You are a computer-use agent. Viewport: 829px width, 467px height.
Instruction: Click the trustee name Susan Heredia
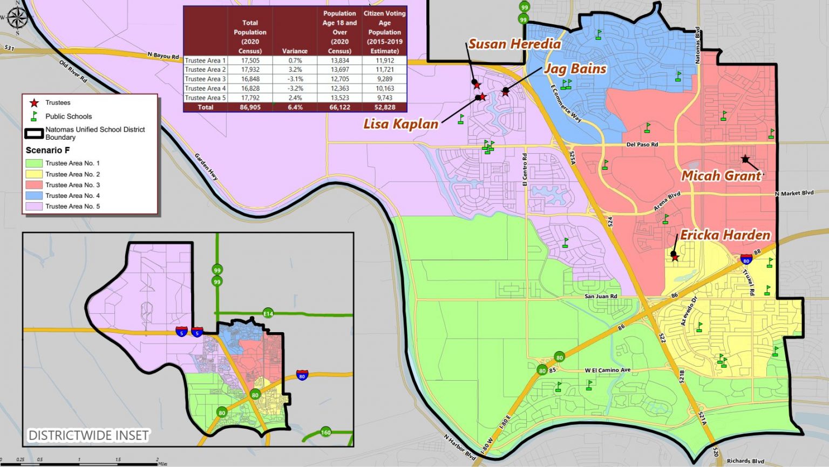[x=514, y=44]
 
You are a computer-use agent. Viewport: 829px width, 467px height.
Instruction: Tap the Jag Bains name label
[x=575, y=68]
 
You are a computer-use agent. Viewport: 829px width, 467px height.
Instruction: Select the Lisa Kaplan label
[x=400, y=123]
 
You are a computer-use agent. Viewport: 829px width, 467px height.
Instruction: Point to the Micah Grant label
[x=721, y=175]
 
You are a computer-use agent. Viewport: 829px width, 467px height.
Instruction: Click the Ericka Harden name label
[x=725, y=235]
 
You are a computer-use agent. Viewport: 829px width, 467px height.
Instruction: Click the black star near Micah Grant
[x=745, y=159]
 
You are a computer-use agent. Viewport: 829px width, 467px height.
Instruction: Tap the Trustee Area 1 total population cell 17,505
[x=250, y=60]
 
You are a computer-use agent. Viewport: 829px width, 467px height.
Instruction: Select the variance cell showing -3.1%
[x=295, y=79]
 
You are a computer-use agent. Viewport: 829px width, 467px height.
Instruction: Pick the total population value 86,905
[x=250, y=107]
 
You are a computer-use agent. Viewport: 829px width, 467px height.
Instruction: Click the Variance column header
[x=295, y=51]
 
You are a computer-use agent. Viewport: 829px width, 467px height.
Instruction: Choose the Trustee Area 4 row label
[x=205, y=88]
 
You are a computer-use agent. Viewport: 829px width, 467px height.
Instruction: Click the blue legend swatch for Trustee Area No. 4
[x=33, y=196]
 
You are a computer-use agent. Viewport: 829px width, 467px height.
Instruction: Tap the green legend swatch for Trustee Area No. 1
[x=33, y=163]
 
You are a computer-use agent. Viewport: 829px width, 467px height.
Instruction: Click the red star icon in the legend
[x=34, y=102]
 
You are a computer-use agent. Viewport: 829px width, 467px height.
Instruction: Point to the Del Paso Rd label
[x=642, y=145]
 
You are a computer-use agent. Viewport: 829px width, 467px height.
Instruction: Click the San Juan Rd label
[x=601, y=296]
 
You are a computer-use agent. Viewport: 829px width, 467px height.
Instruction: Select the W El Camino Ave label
[x=607, y=370]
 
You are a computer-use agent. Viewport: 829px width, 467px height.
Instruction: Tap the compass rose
[x=17, y=18]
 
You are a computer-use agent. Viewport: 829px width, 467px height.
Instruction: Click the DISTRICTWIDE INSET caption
[x=88, y=435]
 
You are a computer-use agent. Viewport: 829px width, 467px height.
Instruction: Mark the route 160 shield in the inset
[x=325, y=432]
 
